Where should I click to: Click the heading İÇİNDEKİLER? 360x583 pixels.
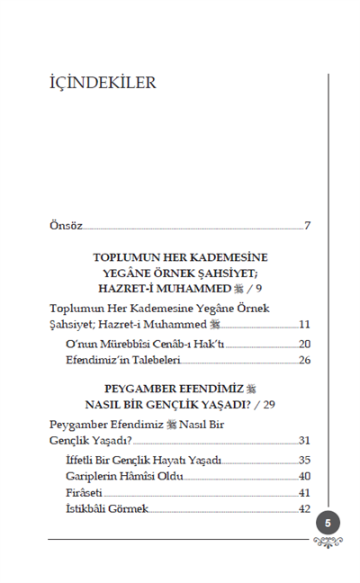point(103,84)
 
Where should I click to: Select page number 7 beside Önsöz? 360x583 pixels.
point(307,225)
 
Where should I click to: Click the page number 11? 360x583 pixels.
point(304,324)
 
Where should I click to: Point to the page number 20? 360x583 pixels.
point(304,344)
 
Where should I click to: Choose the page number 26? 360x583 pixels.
point(304,360)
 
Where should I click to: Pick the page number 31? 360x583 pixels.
point(304,440)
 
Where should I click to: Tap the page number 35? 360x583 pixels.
point(304,460)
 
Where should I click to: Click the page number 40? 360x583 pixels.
point(304,476)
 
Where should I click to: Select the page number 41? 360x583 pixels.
point(304,492)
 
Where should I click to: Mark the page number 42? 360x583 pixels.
point(304,508)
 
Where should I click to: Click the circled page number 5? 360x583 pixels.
point(328,523)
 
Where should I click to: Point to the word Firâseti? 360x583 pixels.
point(85,492)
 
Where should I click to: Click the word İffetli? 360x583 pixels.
point(83,460)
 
